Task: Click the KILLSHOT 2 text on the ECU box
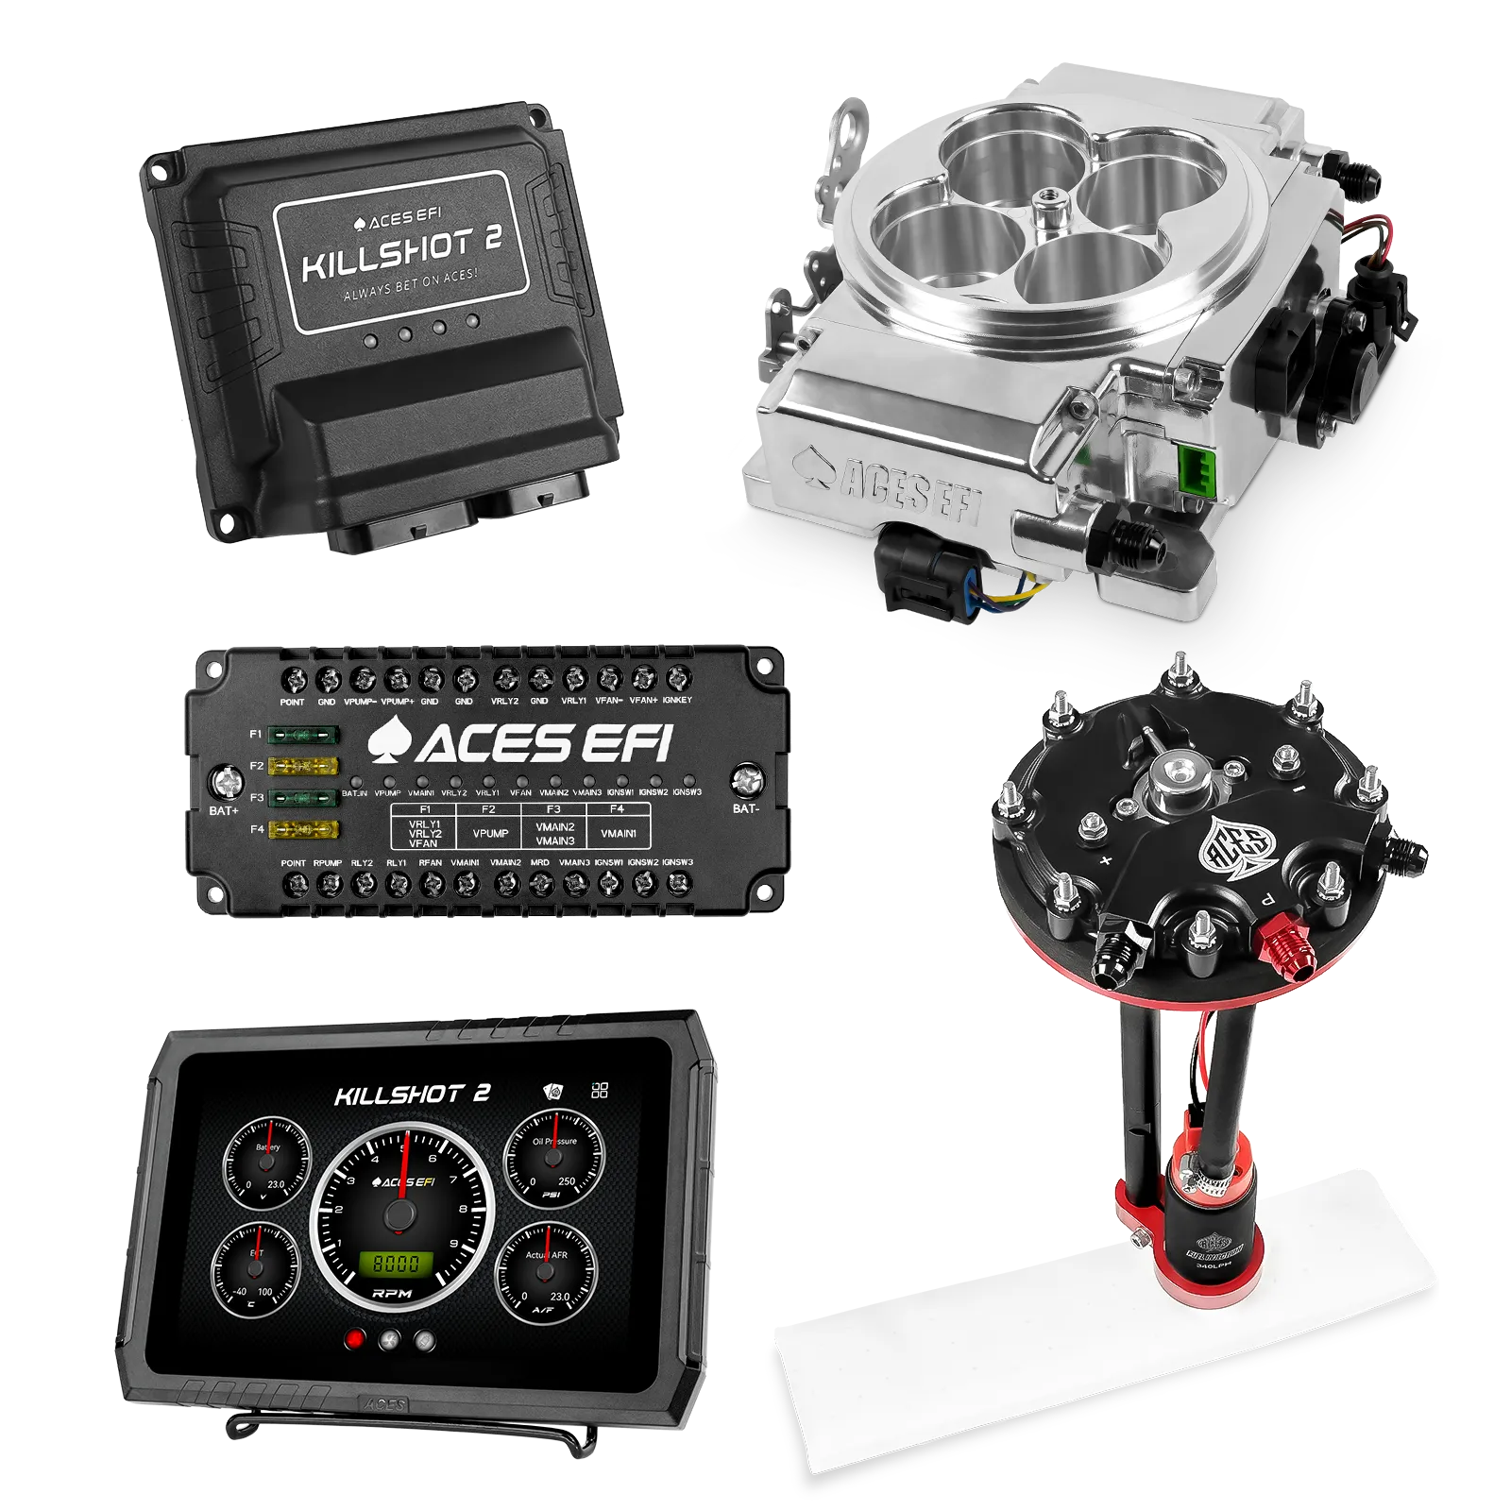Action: (401, 255)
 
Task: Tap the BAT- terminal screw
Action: (747, 780)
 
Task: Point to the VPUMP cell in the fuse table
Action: (490, 833)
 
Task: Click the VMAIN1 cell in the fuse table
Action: (619, 833)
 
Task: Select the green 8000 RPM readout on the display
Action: (397, 1264)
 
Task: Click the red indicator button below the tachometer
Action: (356, 1338)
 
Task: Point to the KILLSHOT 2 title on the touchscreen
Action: (412, 1095)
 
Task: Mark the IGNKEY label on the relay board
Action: (677, 700)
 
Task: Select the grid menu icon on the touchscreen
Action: (599, 1091)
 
